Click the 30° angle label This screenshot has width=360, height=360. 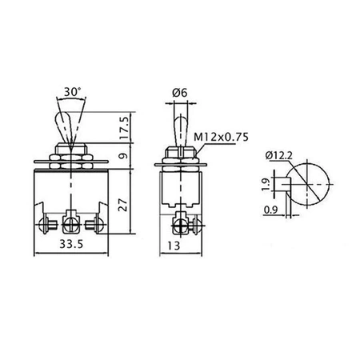[72, 92]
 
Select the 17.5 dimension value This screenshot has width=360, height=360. [124, 127]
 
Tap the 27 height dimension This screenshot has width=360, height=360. [124, 205]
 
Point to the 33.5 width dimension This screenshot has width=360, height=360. [71, 244]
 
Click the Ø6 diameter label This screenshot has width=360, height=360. [180, 93]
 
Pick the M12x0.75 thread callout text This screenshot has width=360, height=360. [221, 137]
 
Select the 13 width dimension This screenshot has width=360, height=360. [174, 246]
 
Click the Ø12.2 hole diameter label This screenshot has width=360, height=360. [279, 155]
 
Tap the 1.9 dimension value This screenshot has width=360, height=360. [266, 185]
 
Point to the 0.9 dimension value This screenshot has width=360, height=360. [270, 210]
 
